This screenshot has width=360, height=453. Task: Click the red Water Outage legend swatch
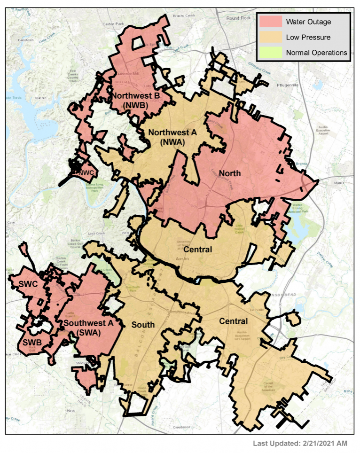tap(269, 22)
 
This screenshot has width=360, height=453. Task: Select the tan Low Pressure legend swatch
tap(269, 37)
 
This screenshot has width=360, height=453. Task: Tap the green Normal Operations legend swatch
tap(269, 52)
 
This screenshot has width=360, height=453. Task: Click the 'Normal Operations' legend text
tap(316, 53)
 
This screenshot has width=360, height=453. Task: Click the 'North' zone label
tap(229, 173)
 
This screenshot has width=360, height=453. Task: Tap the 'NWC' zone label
tap(87, 172)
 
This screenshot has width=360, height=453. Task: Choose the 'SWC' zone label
tap(28, 284)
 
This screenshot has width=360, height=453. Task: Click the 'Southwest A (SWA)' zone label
tap(88, 328)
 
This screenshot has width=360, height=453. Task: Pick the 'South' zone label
tap(143, 325)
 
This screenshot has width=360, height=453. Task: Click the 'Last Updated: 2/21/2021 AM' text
tap(300, 443)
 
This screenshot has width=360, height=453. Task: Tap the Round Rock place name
tap(238, 18)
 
